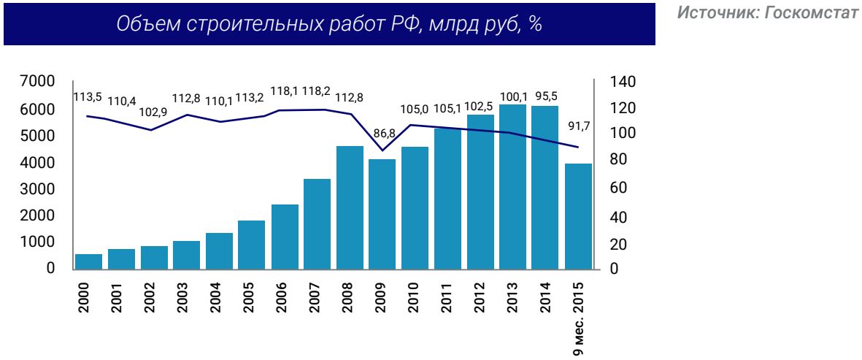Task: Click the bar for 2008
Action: [350, 207]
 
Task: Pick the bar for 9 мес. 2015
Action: [578, 215]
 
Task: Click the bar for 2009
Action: [382, 213]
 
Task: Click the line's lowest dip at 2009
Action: [382, 150]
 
